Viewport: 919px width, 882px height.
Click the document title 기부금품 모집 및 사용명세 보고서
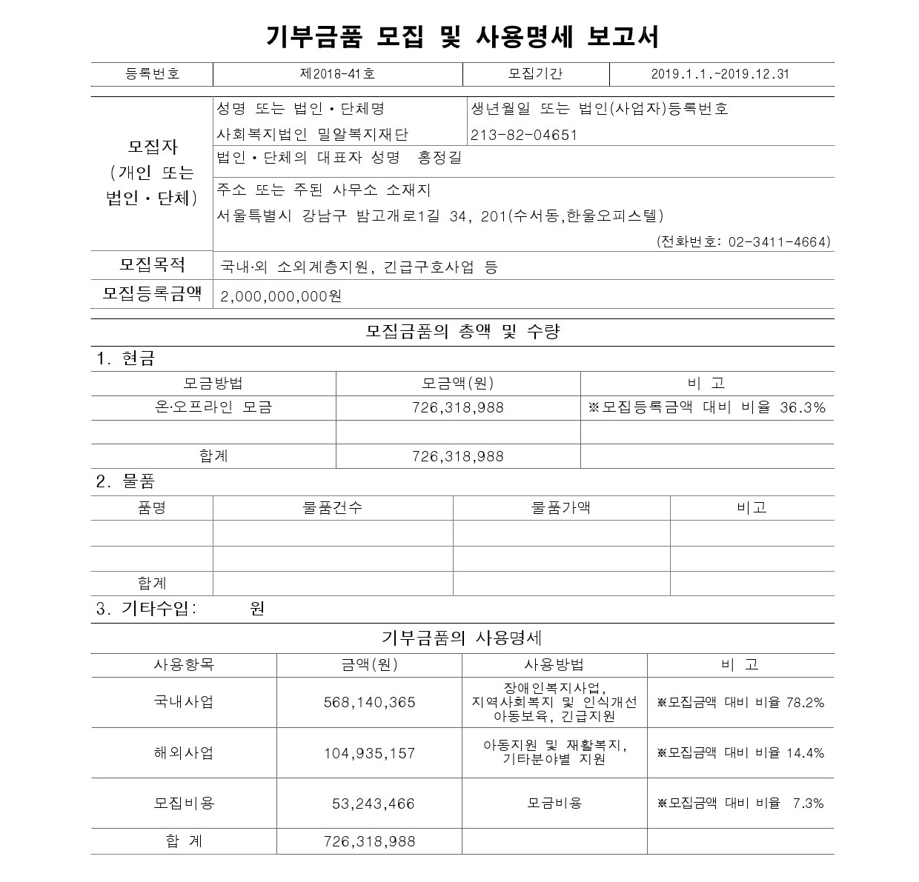tap(462, 35)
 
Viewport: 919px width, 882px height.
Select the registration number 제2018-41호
tap(337, 74)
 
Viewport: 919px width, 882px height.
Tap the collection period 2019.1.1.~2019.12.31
tap(720, 74)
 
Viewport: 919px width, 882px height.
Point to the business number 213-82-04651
tap(523, 135)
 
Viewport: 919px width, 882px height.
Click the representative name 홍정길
tap(439, 157)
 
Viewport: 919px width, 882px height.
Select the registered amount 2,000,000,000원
tap(281, 296)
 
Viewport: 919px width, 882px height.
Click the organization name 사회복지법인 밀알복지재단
tap(312, 135)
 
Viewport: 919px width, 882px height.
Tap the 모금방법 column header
tap(213, 383)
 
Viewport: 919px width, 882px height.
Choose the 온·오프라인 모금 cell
tap(213, 407)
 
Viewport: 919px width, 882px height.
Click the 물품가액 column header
tap(561, 507)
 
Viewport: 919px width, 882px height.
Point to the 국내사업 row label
tap(183, 701)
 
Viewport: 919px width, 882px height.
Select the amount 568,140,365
tap(369, 702)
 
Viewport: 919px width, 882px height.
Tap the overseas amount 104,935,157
tap(369, 753)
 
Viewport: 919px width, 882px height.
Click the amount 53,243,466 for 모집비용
tap(373, 804)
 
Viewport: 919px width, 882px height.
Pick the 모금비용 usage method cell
tap(554, 803)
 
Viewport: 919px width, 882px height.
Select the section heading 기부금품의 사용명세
tap(462, 638)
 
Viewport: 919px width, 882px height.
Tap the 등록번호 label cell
tap(152, 74)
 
